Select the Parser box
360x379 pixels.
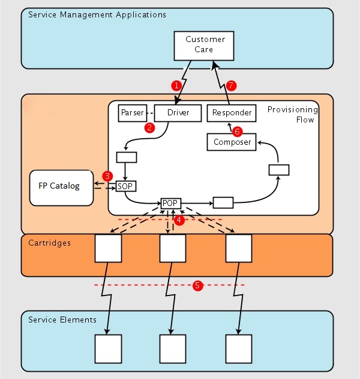click(132, 112)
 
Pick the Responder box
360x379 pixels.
click(232, 112)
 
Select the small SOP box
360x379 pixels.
click(125, 186)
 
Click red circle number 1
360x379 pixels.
click(176, 85)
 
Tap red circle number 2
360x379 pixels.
click(150, 127)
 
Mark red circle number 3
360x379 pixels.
click(107, 176)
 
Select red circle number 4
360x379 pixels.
click(178, 220)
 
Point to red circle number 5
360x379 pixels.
click(197, 285)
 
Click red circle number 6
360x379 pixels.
click(237, 130)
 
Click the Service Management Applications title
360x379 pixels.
click(97, 14)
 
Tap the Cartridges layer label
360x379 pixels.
click(49, 243)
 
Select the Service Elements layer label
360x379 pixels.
click(62, 319)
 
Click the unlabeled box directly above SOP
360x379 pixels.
click(126, 157)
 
